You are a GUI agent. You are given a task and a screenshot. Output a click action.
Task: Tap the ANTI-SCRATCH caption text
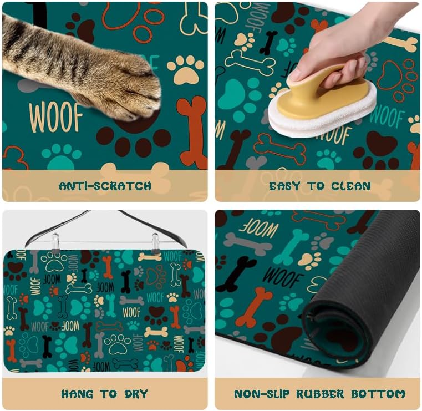point(105,186)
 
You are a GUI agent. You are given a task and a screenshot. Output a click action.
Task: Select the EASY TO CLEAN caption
point(320,186)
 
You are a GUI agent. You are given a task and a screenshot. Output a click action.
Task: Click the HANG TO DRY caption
point(105,394)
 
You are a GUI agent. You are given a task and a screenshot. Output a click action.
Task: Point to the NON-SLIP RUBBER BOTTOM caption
point(319,394)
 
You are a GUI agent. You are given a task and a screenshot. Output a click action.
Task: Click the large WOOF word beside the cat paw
point(55,117)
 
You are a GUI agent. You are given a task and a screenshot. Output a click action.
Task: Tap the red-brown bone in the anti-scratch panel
point(191,130)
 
